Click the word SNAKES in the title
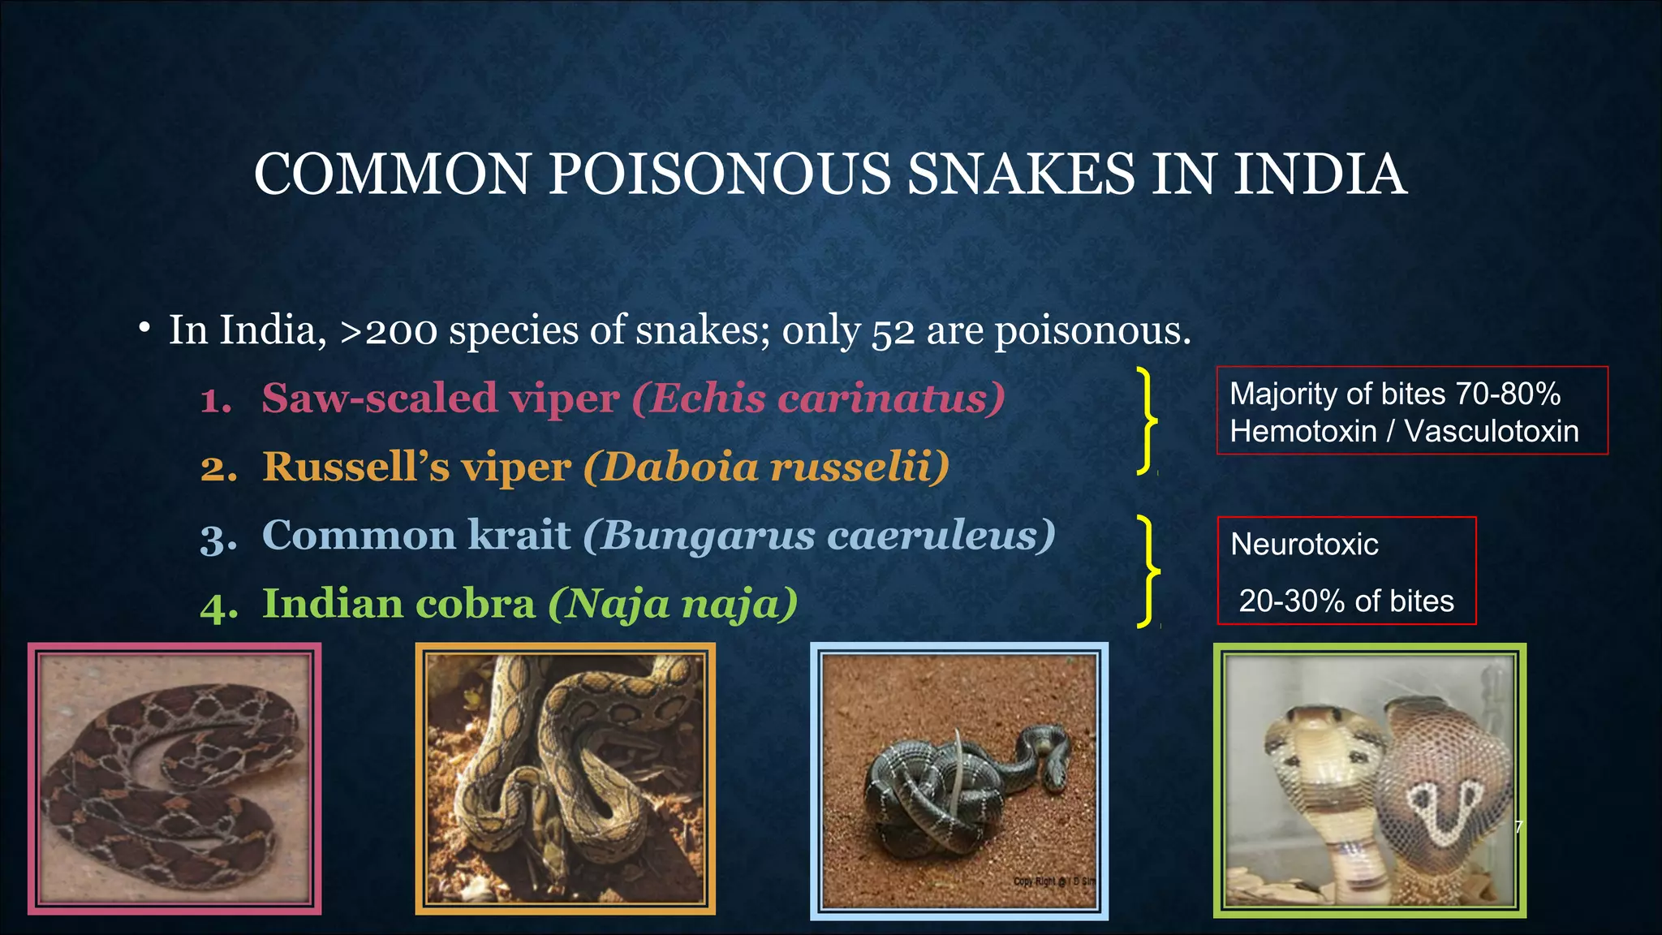tap(1020, 175)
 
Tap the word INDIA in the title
tap(1320, 175)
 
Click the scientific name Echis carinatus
tap(818, 399)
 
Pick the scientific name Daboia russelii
tap(766, 467)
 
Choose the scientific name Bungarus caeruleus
tap(819, 536)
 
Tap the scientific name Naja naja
tap(673, 605)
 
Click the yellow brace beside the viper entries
tap(1146, 420)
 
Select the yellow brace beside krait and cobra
tap(1147, 571)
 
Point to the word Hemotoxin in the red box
tap(1302, 432)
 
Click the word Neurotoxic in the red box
tap(1304, 545)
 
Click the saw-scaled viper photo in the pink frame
tap(174, 779)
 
